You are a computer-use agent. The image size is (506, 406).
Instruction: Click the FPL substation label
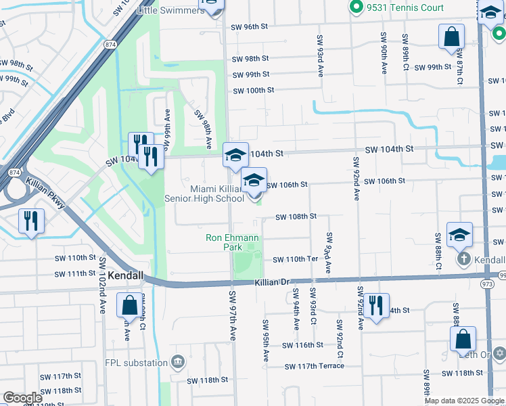[x=136, y=363]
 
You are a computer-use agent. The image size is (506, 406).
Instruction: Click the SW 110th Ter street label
[x=295, y=260]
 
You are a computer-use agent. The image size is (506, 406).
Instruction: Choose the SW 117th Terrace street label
[x=315, y=366]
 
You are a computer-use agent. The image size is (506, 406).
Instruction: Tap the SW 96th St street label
[x=250, y=27]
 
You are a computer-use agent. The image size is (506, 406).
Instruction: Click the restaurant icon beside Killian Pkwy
[x=32, y=221]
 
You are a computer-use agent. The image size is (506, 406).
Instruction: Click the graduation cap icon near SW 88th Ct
[x=459, y=235]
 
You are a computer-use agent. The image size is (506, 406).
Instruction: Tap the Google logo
[x=22, y=398]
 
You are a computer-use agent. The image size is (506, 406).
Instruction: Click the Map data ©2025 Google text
[x=464, y=401]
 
